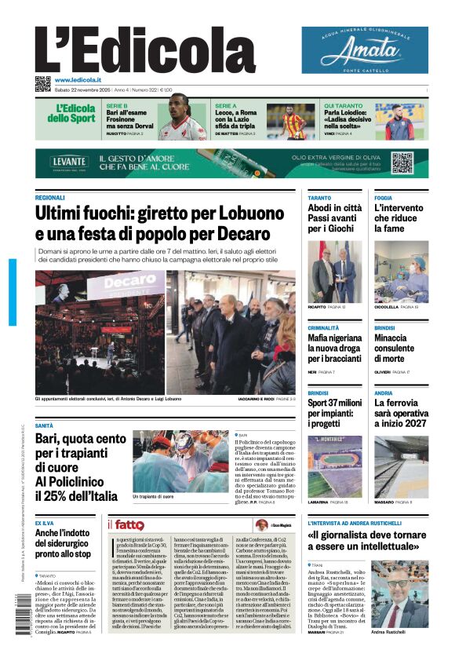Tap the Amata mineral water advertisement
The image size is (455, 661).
point(365,50)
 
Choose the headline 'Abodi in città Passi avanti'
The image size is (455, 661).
point(334,218)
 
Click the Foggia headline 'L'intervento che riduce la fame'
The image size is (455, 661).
point(399,218)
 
